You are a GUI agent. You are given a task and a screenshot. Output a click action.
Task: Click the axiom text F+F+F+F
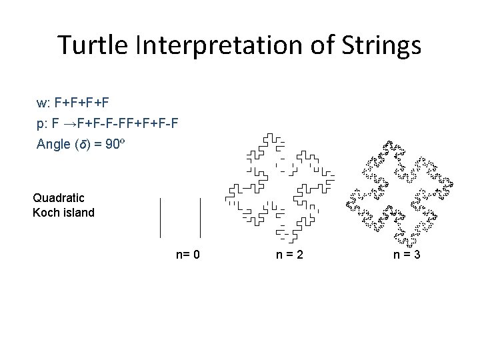(x=82, y=103)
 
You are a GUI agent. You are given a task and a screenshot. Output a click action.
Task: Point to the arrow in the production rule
(x=68, y=124)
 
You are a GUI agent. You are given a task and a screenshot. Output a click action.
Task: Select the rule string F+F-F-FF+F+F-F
(x=127, y=124)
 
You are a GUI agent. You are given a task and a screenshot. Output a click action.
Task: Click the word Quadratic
(x=59, y=197)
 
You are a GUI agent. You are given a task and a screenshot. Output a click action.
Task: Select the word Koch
(x=45, y=213)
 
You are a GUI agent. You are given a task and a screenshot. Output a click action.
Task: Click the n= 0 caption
(x=188, y=254)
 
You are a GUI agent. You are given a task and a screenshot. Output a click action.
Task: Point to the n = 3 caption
(x=407, y=254)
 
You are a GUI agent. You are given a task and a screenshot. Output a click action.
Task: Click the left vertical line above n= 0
(x=160, y=217)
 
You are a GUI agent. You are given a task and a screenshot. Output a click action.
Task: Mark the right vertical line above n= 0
(x=201, y=217)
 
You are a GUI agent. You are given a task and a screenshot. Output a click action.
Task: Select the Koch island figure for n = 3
(x=397, y=194)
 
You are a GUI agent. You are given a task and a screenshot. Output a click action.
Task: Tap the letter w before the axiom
(x=41, y=103)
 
